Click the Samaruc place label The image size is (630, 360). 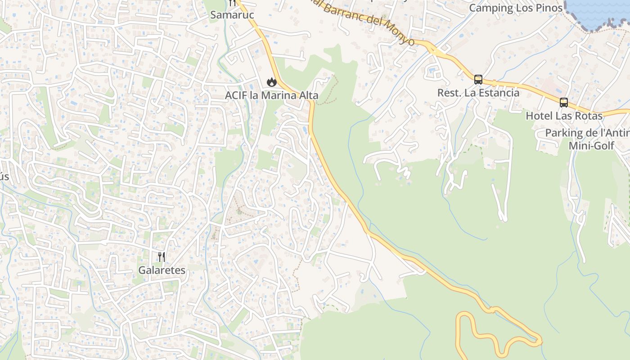(232, 15)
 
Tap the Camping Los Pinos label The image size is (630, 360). (516, 8)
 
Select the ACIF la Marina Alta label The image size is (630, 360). (272, 95)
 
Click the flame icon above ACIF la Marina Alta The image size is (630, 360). (271, 82)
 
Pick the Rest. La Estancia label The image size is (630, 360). (478, 93)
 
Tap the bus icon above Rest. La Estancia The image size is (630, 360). (478, 80)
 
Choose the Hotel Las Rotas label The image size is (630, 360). (564, 116)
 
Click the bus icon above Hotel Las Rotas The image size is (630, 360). (564, 103)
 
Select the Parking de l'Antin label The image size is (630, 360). (587, 133)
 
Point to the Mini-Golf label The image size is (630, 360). (591, 146)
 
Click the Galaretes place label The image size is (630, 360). (162, 270)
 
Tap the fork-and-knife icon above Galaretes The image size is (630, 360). (162, 257)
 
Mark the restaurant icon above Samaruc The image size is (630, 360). (232, 3)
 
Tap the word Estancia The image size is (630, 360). (497, 93)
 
